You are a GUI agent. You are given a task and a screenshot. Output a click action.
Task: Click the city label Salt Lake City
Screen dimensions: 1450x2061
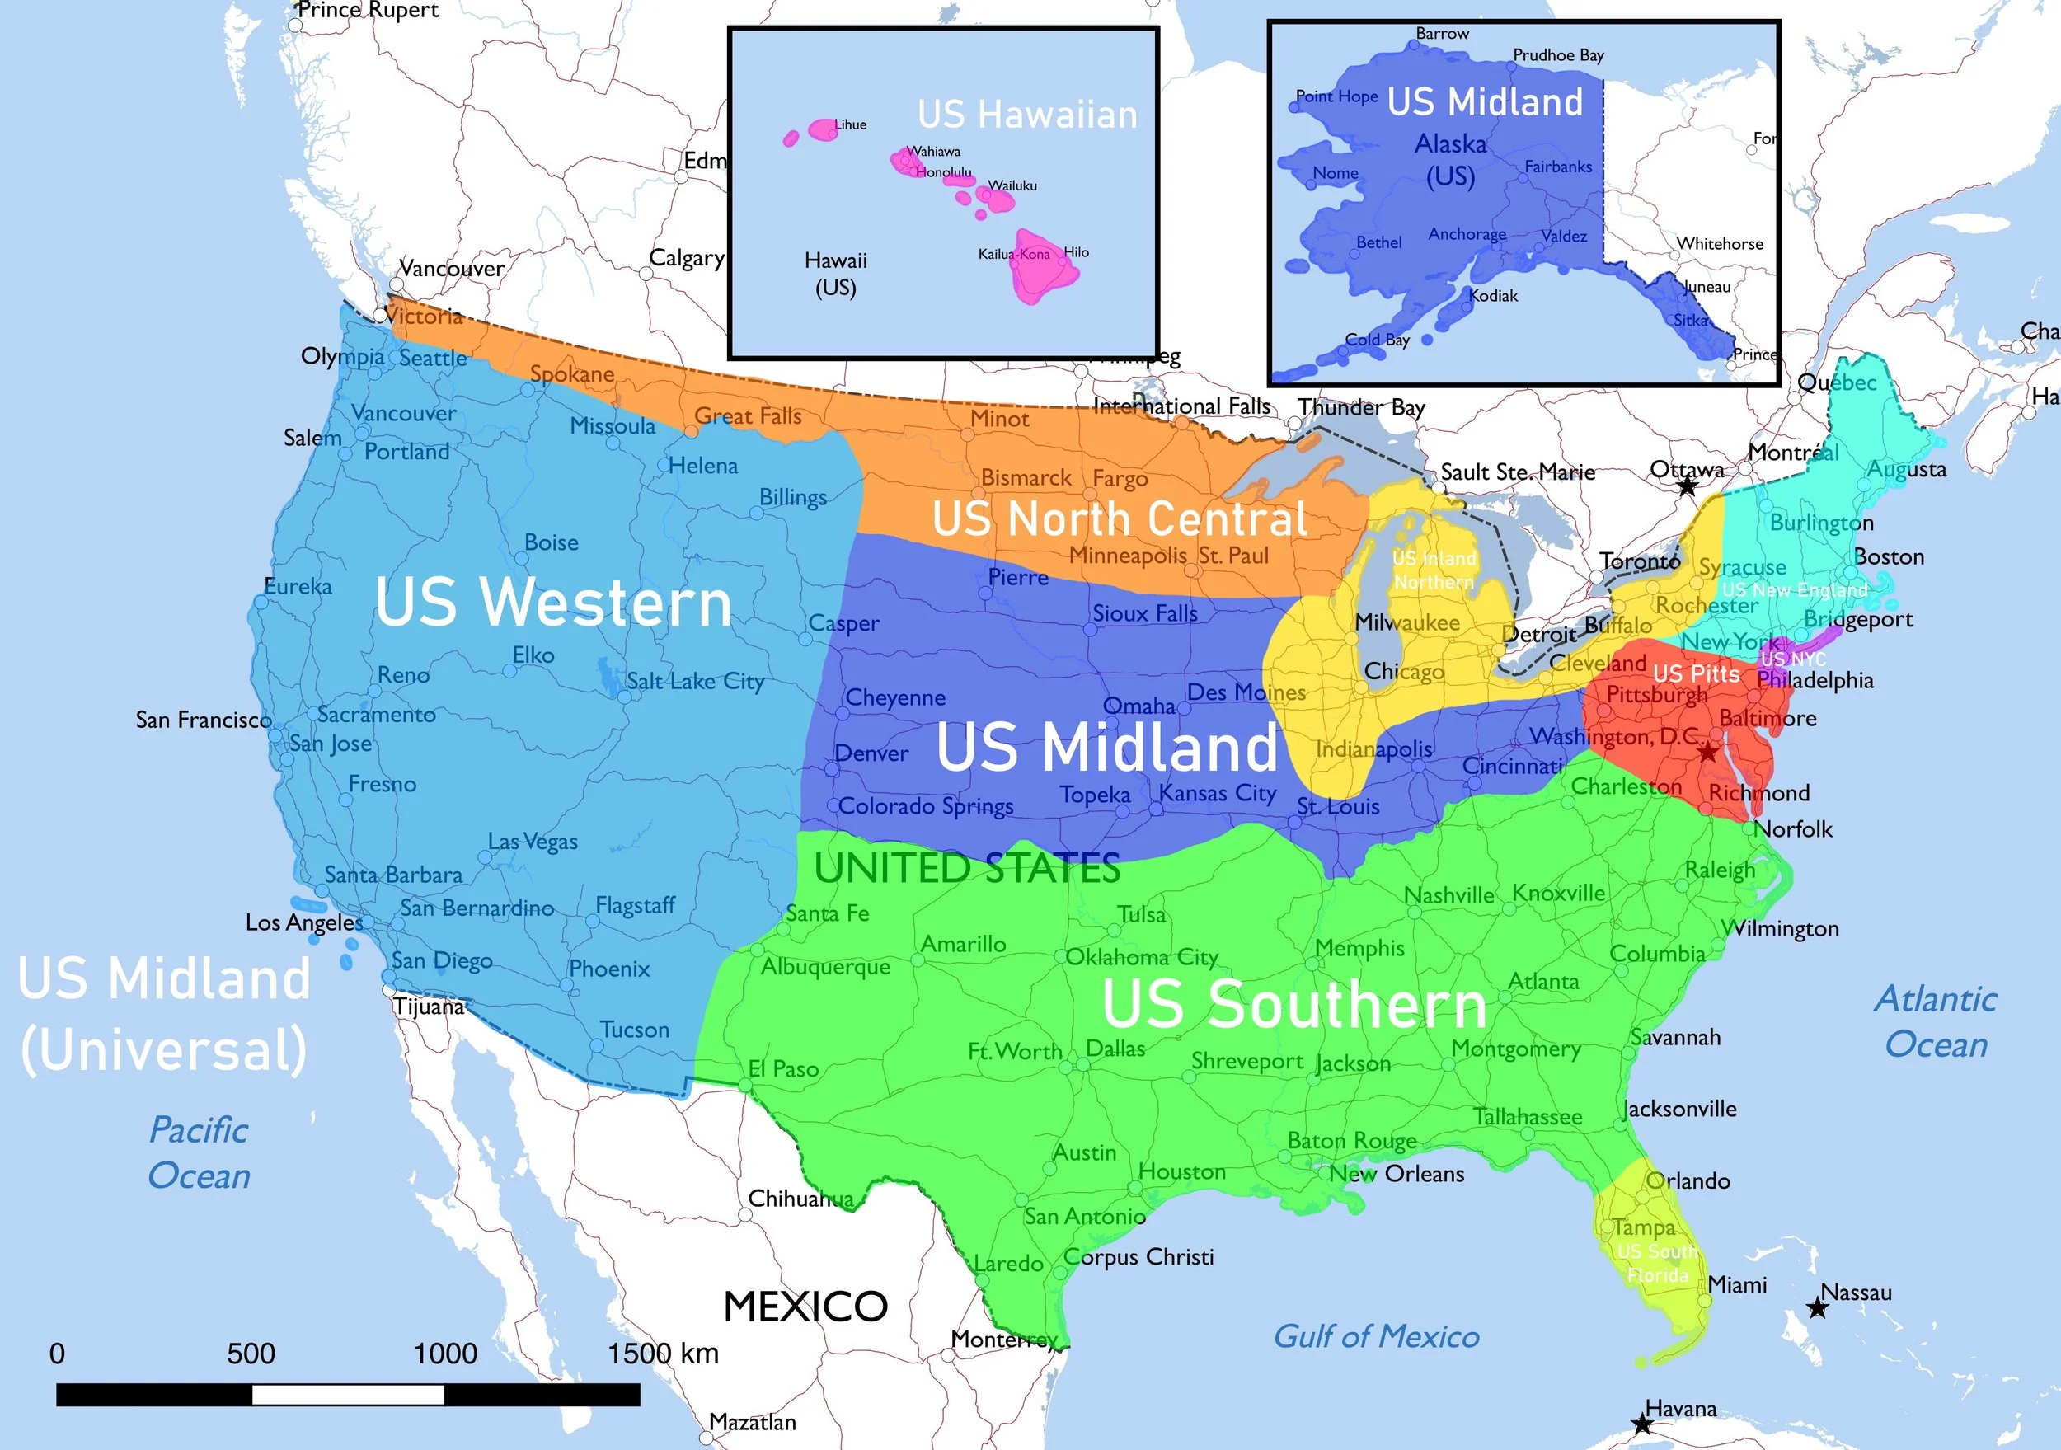[695, 682]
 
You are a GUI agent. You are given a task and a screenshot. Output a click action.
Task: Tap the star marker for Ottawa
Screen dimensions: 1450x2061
[1688, 486]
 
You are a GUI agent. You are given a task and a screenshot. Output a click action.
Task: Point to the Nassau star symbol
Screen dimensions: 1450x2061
[1818, 1308]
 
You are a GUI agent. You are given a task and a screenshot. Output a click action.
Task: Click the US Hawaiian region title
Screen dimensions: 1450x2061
[1027, 115]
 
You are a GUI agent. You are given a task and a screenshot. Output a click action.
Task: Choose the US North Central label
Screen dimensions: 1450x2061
[1120, 519]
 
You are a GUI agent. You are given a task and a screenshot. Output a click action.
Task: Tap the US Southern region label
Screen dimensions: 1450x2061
[1293, 1004]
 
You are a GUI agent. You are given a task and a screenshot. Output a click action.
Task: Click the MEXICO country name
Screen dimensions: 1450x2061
[805, 1307]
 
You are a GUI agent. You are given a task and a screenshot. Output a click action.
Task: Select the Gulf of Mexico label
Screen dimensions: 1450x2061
[1376, 1336]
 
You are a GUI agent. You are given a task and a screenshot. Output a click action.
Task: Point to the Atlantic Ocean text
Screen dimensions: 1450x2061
[1937, 1021]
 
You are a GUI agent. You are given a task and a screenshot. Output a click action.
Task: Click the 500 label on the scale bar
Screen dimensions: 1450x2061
[251, 1353]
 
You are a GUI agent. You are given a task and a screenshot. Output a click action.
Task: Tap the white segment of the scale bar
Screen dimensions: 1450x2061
[348, 1394]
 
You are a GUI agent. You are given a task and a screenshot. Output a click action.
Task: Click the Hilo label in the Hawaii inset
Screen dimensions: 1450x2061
[1077, 252]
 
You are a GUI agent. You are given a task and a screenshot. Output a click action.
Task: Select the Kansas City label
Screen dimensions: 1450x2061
[1217, 794]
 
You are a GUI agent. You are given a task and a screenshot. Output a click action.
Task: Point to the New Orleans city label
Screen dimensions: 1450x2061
[1397, 1174]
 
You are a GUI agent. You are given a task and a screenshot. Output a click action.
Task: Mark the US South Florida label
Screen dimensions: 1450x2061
[1657, 1263]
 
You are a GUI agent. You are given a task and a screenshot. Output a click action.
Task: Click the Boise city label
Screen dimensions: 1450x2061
[552, 542]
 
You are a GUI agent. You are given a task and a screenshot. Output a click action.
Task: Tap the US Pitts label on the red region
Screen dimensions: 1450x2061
[1696, 673]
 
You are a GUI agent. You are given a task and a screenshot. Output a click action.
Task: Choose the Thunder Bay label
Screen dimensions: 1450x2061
[1361, 407]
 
